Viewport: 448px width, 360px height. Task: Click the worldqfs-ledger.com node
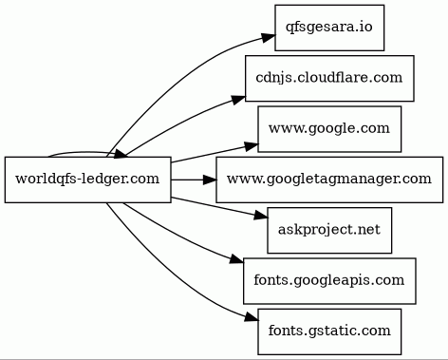pos(88,180)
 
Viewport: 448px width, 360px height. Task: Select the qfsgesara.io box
pos(329,28)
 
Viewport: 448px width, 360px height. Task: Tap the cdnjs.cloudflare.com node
pos(329,78)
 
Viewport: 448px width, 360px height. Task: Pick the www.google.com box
pos(329,129)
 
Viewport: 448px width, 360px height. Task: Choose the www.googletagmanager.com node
pos(329,180)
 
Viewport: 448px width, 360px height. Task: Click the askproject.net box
pos(329,230)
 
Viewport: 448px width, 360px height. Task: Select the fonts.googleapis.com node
pos(329,281)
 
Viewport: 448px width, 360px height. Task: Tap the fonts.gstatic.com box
pos(329,332)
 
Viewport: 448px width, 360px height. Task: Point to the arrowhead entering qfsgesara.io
pos(269,37)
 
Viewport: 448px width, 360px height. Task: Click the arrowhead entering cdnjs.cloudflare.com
pos(238,100)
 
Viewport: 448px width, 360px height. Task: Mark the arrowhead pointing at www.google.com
pos(252,146)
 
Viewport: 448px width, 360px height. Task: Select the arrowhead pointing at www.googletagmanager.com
pos(210,180)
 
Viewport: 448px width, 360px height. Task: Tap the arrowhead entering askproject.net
pos(261,216)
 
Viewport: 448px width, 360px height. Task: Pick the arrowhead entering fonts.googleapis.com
pos(236,260)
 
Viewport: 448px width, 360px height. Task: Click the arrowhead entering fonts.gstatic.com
pos(252,317)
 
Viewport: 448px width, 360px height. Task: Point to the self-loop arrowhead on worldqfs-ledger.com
pos(120,155)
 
